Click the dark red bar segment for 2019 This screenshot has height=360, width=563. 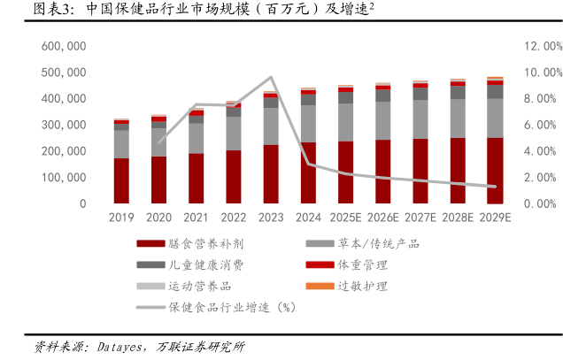pyautogui.click(x=121, y=181)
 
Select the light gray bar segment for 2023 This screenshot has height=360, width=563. pyautogui.click(x=271, y=126)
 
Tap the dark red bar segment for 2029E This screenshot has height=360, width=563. pyautogui.click(x=495, y=171)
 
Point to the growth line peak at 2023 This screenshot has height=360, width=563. pyautogui.click(x=271, y=78)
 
